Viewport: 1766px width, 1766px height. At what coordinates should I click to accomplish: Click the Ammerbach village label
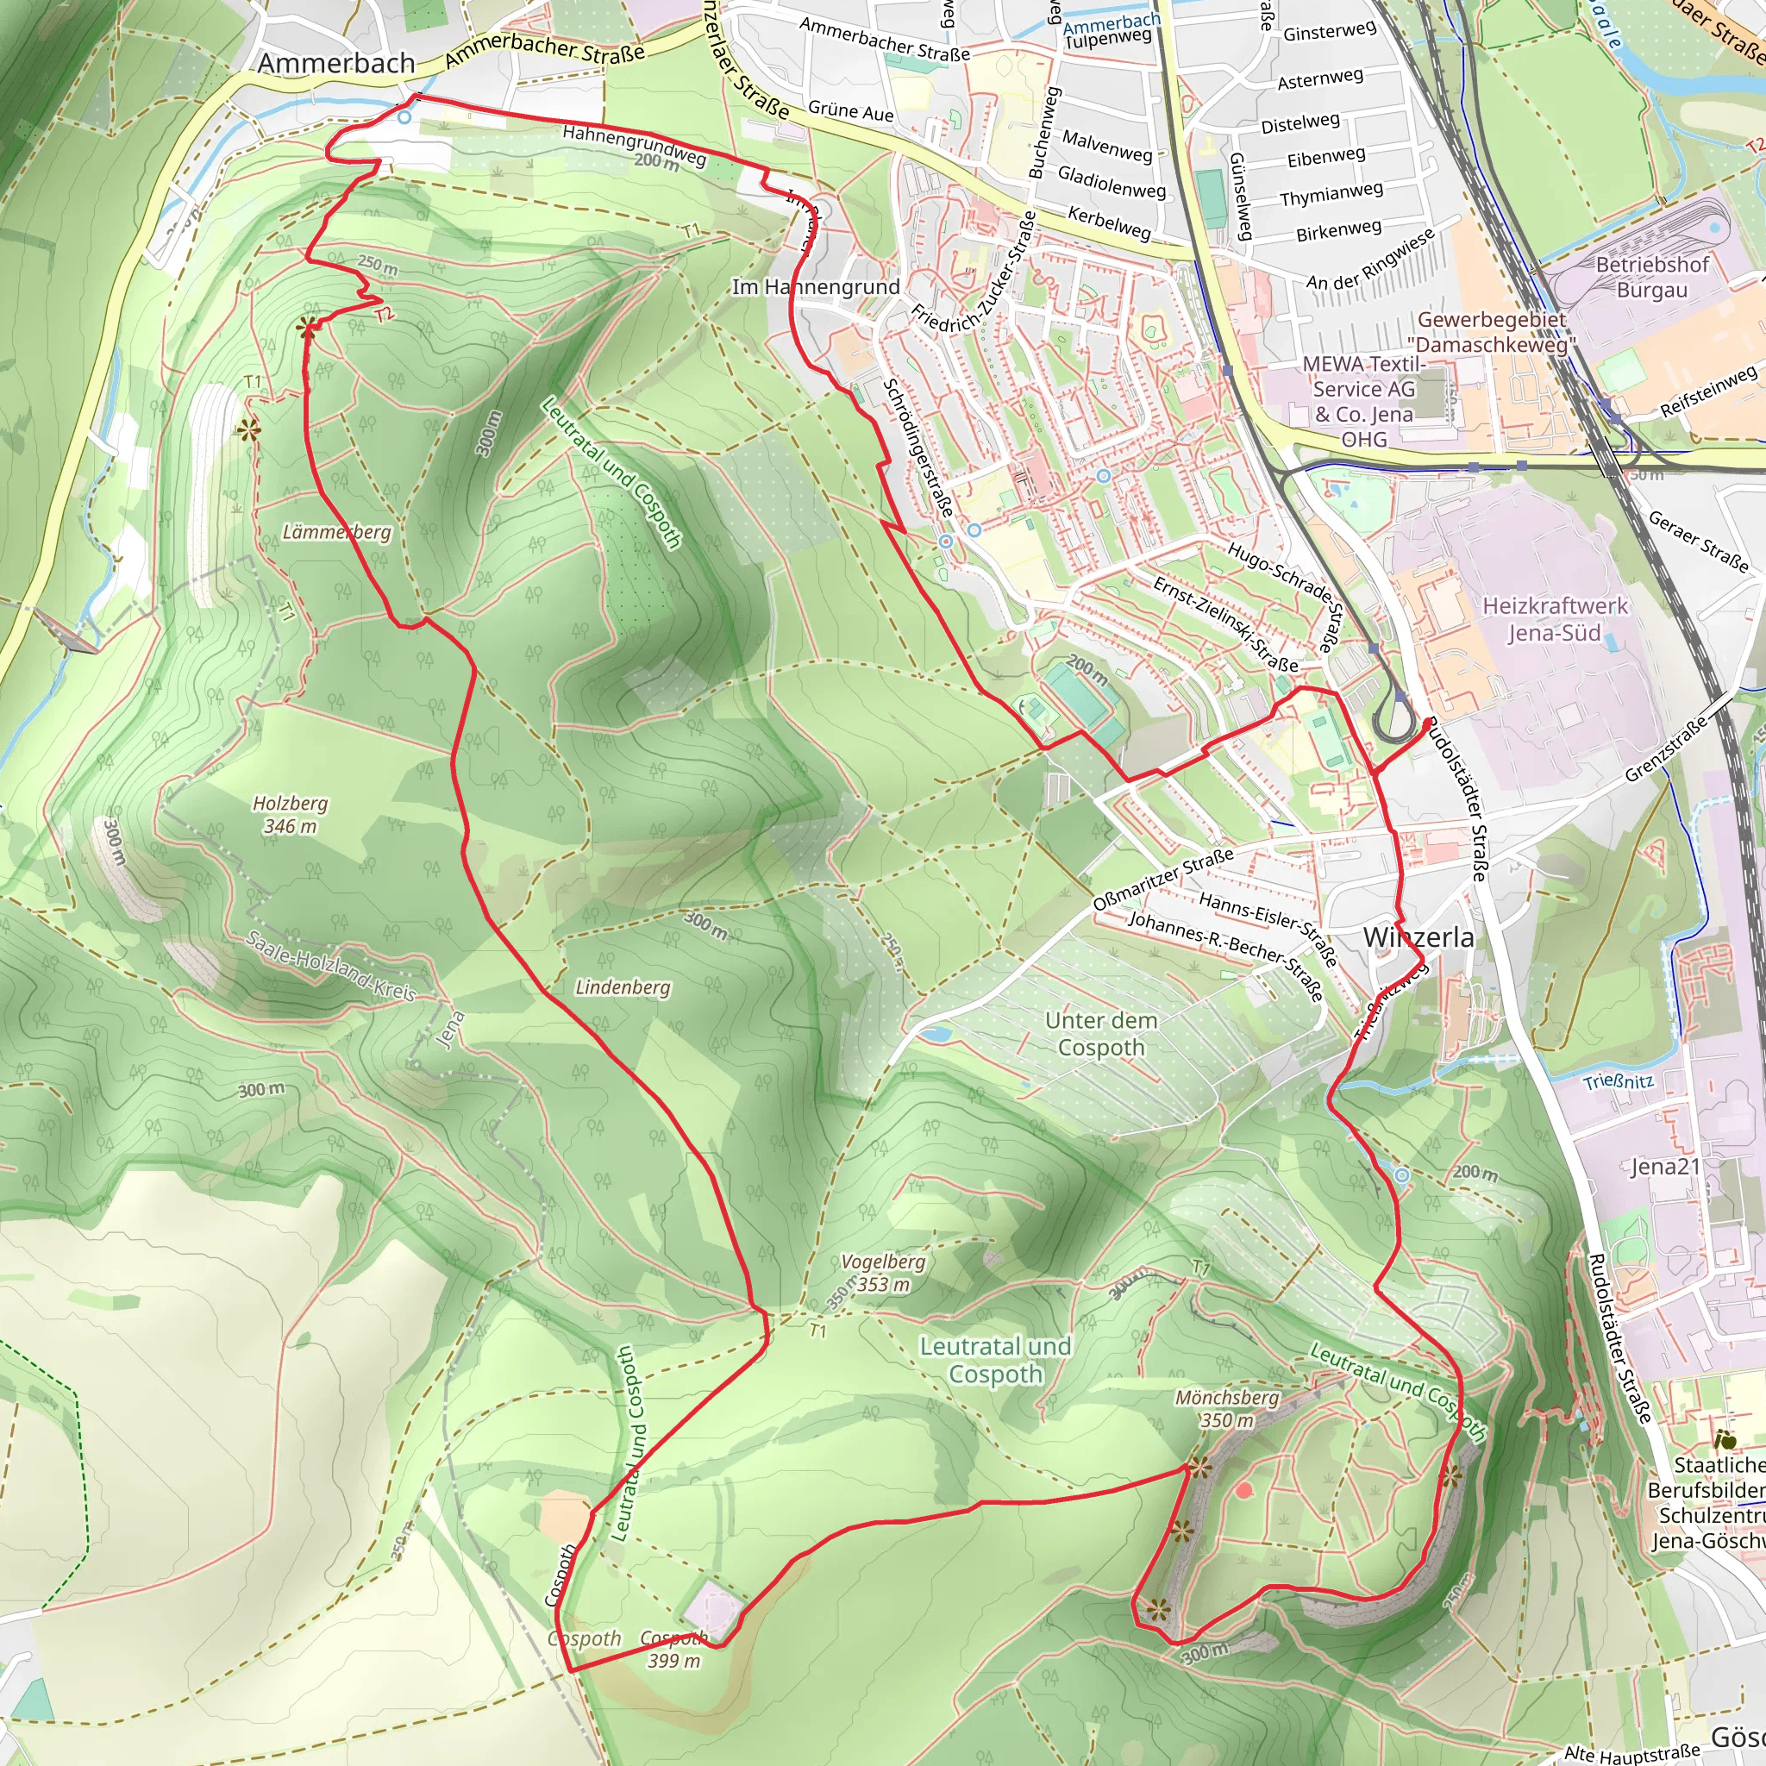click(x=335, y=63)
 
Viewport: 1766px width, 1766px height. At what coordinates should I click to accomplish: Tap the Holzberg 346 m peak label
click(x=290, y=814)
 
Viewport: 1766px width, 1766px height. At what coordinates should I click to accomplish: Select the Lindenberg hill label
click(x=623, y=987)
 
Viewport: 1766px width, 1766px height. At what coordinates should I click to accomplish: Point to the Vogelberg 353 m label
click(x=883, y=1273)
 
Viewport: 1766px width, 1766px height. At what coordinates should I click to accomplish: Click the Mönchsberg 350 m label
click(x=1227, y=1409)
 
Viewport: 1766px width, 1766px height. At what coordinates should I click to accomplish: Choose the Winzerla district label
click(x=1418, y=937)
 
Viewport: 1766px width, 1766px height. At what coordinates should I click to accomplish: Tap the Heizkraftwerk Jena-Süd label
click(x=1554, y=619)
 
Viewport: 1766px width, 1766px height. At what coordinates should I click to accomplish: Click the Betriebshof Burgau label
click(x=1651, y=277)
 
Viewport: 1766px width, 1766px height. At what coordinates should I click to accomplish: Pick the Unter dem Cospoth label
click(x=1100, y=1034)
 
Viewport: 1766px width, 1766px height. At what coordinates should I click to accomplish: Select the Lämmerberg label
click(x=336, y=532)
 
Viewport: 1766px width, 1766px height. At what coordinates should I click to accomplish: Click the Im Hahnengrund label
click(x=816, y=287)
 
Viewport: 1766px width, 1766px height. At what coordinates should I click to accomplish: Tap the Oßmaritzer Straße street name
click(x=1162, y=879)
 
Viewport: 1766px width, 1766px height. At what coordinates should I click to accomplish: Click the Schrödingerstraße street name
click(x=917, y=447)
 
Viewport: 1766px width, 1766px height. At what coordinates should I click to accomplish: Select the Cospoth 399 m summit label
click(x=673, y=1649)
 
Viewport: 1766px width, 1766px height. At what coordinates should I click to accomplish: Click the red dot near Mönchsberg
click(x=1243, y=1490)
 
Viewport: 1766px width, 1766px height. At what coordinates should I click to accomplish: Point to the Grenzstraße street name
click(x=1665, y=749)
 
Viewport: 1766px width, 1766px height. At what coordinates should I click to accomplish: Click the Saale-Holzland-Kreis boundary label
click(x=331, y=966)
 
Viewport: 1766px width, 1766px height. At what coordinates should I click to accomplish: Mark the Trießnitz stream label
click(x=1618, y=1081)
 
